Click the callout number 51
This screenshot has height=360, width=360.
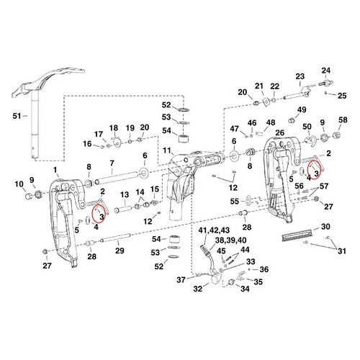click(x=17, y=116)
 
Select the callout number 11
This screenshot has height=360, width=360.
click(x=167, y=150)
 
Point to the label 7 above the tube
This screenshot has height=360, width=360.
click(x=112, y=163)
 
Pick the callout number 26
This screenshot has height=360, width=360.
click(x=280, y=132)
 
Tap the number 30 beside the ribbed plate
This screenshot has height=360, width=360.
click(x=325, y=227)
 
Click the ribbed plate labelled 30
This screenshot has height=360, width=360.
click(x=297, y=234)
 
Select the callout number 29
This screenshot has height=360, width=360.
click(x=120, y=251)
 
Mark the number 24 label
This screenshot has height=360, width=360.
click(x=326, y=71)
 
